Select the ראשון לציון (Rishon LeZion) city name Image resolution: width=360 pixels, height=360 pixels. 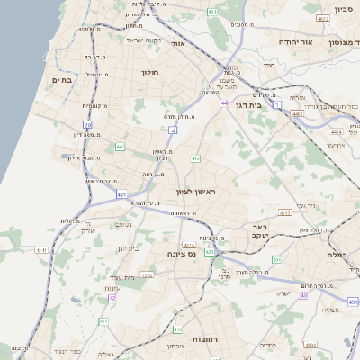pyautogui.click(x=197, y=192)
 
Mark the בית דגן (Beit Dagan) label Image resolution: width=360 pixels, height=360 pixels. pyautogui.click(x=268, y=105)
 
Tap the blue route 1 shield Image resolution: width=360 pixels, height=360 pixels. pyautogui.click(x=278, y=106)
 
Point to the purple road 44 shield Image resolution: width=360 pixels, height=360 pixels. pyautogui.click(x=223, y=103)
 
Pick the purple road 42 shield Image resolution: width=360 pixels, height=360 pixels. pyautogui.click(x=112, y=298)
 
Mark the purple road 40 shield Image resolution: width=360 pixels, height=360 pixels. pyautogui.click(x=304, y=295)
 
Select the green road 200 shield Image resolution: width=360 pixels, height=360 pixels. pyautogui.click(x=277, y=259)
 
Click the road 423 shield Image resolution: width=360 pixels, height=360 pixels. pyautogui.click(x=209, y=252)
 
